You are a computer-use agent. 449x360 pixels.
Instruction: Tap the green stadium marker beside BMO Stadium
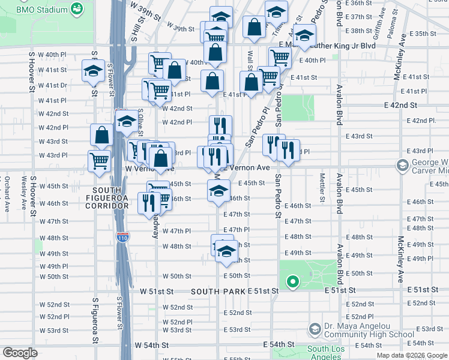tap(77, 9)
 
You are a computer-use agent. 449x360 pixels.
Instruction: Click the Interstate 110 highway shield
tap(122, 238)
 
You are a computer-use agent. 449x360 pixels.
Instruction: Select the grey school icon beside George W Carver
tap(402, 164)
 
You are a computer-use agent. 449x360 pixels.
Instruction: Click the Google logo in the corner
tap(20, 353)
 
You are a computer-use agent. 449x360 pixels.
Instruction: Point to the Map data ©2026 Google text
tap(412, 355)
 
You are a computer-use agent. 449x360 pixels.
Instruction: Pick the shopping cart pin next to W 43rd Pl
tap(99, 160)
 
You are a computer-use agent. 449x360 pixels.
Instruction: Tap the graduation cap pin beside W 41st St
tap(94, 71)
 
